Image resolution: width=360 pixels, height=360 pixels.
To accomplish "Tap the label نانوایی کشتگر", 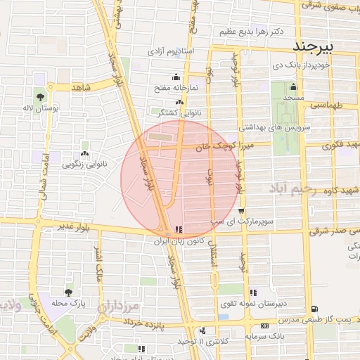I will coord(165,111).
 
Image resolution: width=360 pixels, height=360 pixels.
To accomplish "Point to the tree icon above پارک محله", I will coord(68,292).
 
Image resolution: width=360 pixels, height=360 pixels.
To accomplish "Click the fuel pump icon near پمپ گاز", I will coord(314,309).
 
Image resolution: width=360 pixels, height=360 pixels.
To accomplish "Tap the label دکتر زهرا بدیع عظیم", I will coord(251,32).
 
